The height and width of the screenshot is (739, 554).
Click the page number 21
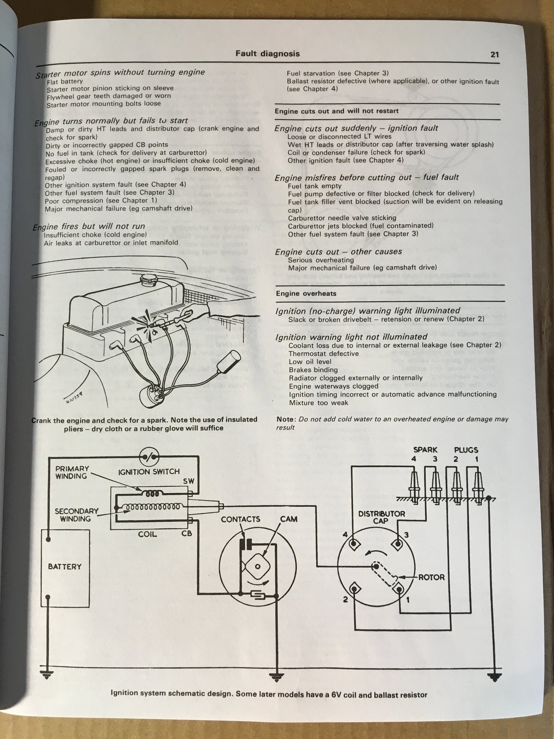point(495,54)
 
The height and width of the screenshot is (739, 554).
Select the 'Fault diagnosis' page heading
point(268,54)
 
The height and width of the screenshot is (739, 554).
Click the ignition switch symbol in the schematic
point(149,456)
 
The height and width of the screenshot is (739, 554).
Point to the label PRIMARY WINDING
point(72,472)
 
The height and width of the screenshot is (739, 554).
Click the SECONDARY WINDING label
point(76,515)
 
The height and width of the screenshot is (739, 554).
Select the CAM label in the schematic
point(289,519)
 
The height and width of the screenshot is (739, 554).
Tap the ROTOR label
point(431,577)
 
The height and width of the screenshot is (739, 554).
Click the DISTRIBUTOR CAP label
point(381,517)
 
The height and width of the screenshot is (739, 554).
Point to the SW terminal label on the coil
point(188,481)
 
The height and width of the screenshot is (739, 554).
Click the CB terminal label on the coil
point(187,533)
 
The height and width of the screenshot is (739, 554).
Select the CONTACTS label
point(240,519)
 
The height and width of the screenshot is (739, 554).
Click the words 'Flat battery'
point(65,81)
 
